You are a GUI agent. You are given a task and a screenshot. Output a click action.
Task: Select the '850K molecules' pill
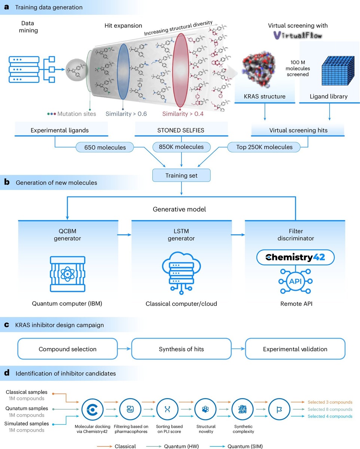pos(181,147)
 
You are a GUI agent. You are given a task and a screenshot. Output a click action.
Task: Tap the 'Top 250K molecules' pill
pos(264,147)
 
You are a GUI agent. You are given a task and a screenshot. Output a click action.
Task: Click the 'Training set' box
pos(181,175)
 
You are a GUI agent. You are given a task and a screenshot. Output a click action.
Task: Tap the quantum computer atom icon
pos(67,274)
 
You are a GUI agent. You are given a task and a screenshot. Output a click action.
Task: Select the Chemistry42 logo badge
pos(295,257)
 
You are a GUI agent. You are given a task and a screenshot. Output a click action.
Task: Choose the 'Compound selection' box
pos(68,349)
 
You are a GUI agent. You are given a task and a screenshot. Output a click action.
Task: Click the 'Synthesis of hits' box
pos(181,349)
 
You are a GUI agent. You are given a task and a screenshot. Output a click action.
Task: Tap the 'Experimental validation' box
pos(295,349)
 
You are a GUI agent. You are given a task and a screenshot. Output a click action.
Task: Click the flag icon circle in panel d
pos(279,409)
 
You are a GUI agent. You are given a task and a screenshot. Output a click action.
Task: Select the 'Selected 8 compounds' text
pos(330,409)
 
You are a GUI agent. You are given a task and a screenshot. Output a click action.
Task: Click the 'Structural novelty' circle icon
pos(205,409)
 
